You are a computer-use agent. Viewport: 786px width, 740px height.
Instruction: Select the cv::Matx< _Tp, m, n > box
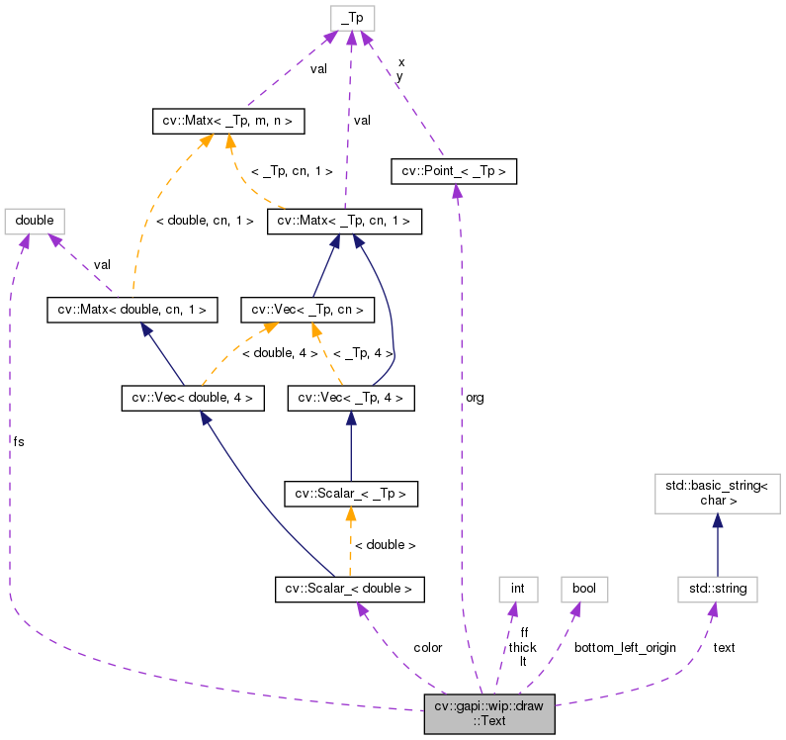point(227,122)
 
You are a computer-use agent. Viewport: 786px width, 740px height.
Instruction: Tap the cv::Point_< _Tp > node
point(454,171)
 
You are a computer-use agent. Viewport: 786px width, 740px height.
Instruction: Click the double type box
point(35,220)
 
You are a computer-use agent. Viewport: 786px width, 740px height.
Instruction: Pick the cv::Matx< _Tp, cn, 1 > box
point(345,221)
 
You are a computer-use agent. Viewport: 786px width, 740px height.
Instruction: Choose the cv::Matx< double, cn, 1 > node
point(131,310)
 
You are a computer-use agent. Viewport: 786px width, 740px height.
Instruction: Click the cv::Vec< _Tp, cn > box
point(308,310)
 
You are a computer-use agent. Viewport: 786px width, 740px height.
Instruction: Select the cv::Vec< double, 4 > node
point(193,399)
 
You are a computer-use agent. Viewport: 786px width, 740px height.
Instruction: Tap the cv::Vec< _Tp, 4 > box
point(350,399)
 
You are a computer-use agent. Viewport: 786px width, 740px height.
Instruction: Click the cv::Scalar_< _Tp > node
point(351,492)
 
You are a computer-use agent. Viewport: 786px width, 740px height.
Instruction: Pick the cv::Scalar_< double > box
point(349,590)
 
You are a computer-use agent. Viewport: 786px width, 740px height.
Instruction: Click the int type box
point(517,590)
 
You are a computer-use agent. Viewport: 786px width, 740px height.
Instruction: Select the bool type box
point(583,590)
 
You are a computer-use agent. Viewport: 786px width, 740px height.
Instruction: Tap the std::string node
point(718,590)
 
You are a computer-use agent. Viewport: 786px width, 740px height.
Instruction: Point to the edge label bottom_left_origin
point(625,647)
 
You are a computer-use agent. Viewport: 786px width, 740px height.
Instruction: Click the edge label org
point(475,397)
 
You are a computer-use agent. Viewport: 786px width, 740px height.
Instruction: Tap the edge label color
point(427,647)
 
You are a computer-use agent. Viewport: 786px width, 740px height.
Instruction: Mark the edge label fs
point(19,441)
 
